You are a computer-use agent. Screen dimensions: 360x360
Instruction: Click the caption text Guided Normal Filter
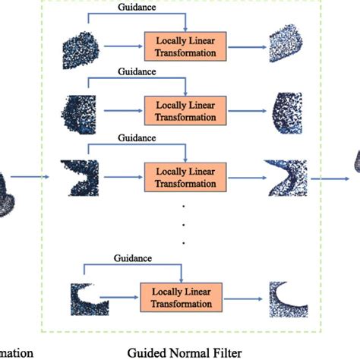pyautogui.click(x=182, y=352)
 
